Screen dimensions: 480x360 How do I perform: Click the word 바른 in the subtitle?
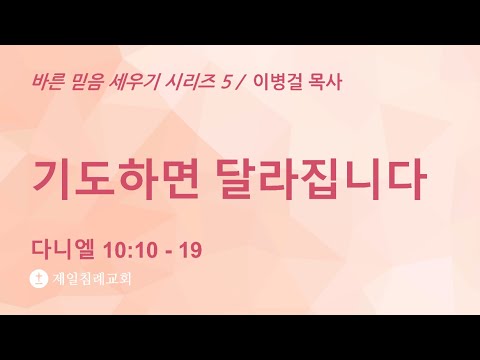coord(48,82)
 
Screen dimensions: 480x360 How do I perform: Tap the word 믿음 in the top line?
coord(86,82)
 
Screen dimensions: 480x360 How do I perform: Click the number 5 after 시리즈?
coord(226,82)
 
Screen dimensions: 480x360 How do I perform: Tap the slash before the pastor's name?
coord(240,82)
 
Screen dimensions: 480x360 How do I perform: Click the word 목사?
coord(324,82)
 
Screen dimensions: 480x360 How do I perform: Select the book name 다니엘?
coord(62,249)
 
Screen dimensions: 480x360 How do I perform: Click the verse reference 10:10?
coord(130,250)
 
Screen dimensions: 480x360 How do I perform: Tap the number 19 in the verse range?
coord(191,250)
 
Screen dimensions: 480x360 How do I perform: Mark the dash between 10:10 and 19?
coord(169,252)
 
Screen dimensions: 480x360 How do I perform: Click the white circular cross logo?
coord(39,279)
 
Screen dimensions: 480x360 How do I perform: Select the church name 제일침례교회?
coord(92,279)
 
